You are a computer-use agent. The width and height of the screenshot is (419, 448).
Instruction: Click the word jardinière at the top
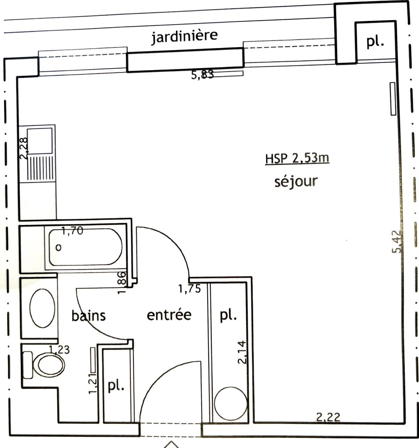click(x=184, y=36)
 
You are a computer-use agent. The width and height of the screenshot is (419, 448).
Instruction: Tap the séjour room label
click(x=296, y=182)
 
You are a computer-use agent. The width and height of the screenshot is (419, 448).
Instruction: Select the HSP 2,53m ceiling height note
click(x=297, y=159)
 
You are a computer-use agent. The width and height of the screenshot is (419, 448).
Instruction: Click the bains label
click(x=88, y=315)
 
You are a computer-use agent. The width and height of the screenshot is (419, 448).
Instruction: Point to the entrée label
click(x=169, y=315)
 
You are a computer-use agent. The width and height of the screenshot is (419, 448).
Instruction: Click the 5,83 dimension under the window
click(x=202, y=75)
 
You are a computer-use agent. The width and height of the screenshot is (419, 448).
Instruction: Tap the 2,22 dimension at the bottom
click(x=328, y=417)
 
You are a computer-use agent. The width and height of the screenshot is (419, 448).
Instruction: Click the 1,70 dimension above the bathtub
click(x=72, y=230)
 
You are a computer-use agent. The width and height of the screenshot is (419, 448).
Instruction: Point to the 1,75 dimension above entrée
click(x=189, y=289)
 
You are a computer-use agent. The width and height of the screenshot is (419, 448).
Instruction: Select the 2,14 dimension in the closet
click(x=242, y=352)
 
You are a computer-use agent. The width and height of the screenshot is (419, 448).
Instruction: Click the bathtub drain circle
click(x=59, y=248)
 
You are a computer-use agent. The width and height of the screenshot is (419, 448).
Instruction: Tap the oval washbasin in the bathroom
click(x=42, y=308)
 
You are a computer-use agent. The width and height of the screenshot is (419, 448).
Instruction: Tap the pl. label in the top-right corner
click(x=375, y=42)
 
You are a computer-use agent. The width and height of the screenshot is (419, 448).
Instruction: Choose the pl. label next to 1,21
click(x=116, y=386)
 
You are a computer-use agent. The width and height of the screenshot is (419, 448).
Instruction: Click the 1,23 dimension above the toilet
click(x=59, y=349)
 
